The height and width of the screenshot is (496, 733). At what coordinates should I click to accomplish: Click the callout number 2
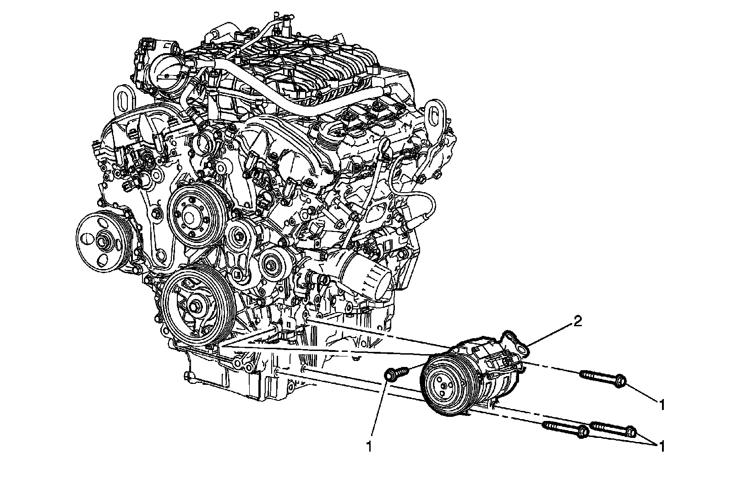coord(577,322)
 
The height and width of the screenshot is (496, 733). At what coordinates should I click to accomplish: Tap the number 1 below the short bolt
coord(369,446)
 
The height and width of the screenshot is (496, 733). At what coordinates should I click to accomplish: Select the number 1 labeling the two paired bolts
coord(662,446)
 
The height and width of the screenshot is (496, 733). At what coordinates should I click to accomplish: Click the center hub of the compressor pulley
coord(443,386)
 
